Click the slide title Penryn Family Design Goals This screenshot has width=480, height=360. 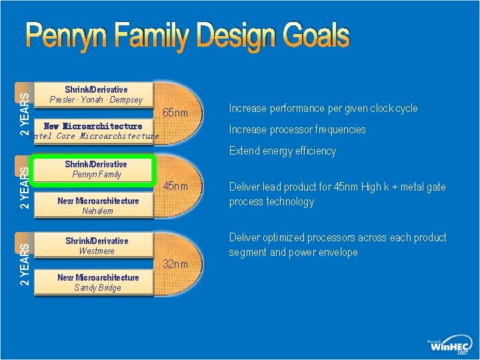188,37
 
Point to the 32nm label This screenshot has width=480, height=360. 176,265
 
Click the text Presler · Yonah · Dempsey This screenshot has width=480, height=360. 96,100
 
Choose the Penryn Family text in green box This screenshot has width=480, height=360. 96,175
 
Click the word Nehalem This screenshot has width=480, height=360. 97,211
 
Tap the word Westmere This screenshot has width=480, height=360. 97,251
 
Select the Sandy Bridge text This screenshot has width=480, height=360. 97,288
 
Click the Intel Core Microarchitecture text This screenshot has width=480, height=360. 95,136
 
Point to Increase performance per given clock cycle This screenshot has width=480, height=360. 323,108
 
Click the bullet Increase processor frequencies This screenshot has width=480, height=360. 297,129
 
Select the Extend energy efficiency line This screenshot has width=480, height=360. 283,151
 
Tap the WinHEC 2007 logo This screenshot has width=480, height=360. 449,345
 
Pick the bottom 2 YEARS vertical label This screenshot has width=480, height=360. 24,265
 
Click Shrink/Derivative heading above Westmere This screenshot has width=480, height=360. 96,241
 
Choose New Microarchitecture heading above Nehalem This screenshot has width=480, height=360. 98,201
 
